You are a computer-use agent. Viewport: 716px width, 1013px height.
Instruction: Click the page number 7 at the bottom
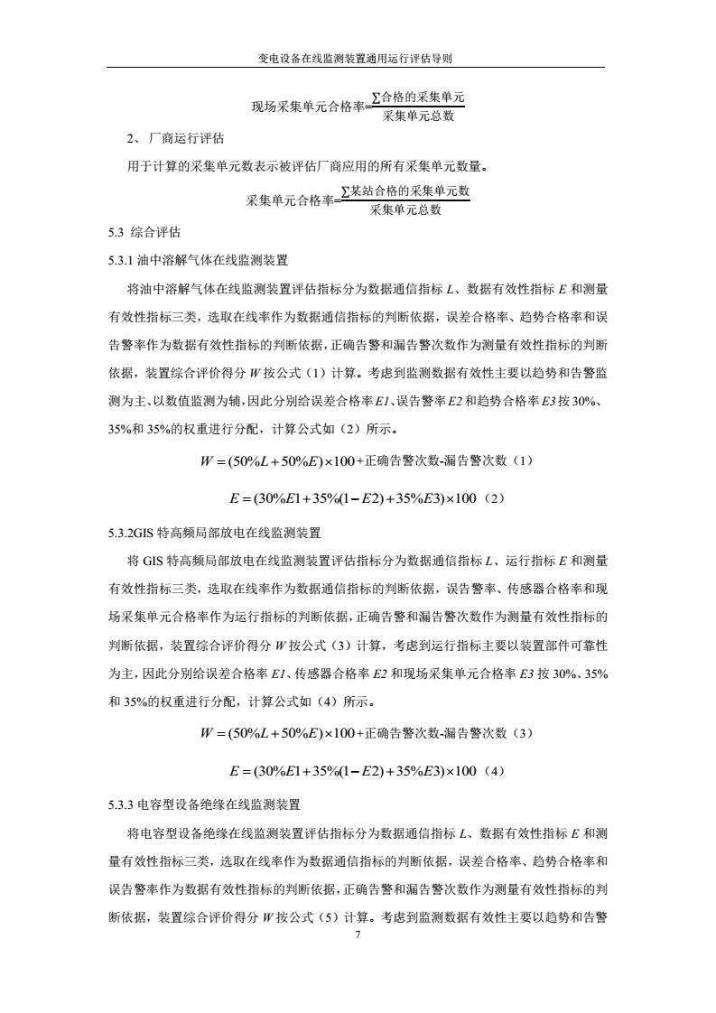coord(358,936)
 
